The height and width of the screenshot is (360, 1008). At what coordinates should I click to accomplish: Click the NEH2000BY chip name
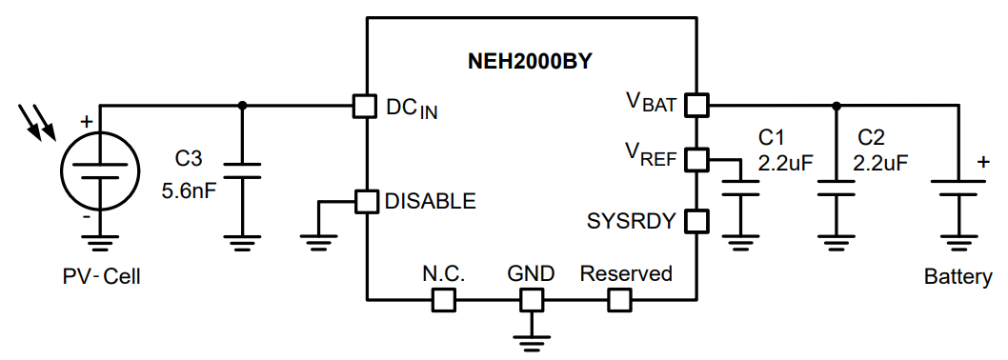pyautogui.click(x=531, y=62)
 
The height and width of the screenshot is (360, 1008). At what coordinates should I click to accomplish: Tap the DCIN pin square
pyautogui.click(x=365, y=106)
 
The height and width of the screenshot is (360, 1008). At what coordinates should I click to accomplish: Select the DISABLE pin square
pyautogui.click(x=365, y=201)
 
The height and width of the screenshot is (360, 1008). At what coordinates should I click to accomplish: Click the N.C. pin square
pyautogui.click(x=443, y=300)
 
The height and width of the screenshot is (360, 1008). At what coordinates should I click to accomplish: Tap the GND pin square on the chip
pyautogui.click(x=531, y=300)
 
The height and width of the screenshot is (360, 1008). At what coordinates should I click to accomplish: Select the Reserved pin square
pyautogui.click(x=619, y=300)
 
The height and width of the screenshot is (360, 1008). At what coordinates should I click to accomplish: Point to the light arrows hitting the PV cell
pyautogui.click(x=39, y=123)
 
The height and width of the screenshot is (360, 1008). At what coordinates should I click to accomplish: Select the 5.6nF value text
pyautogui.click(x=190, y=190)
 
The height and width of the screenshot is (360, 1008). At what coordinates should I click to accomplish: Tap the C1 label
pyautogui.click(x=770, y=136)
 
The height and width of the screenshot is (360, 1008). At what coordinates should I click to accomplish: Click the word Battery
pyautogui.click(x=958, y=277)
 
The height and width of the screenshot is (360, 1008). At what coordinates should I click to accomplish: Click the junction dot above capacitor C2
pyautogui.click(x=836, y=105)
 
